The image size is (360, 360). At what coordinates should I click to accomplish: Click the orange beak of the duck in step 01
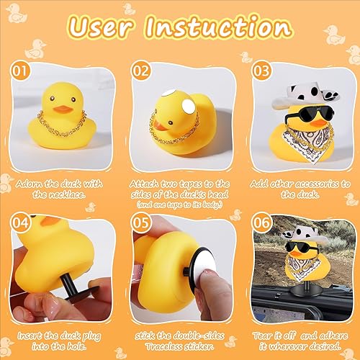click(63, 110)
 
